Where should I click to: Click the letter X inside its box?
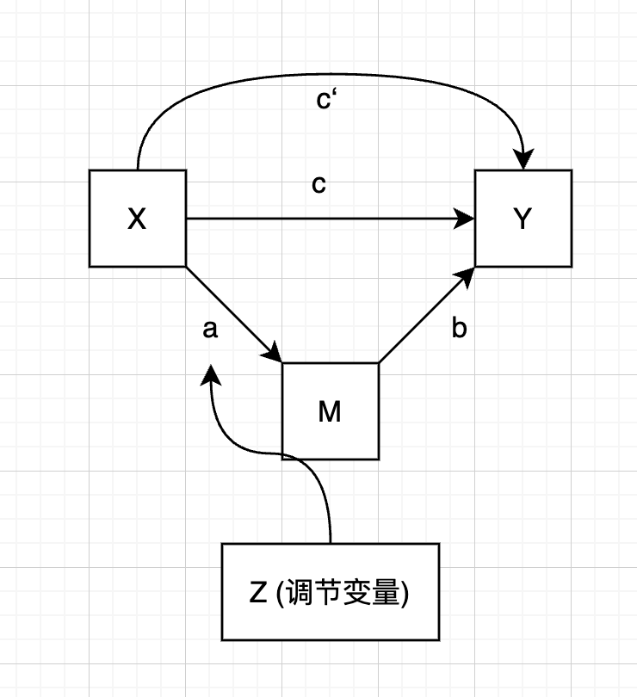pyautogui.click(x=137, y=220)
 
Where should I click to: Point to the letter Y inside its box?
pyautogui.click(x=523, y=220)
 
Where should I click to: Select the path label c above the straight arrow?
pyautogui.click(x=318, y=185)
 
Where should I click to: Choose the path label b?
pyautogui.click(x=459, y=329)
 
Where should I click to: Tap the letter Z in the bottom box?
pyautogui.click(x=257, y=594)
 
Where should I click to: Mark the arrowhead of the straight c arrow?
pyautogui.click(x=466, y=219)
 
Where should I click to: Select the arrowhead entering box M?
pyautogui.click(x=275, y=354)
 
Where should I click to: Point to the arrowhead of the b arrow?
pyautogui.click(x=467, y=275)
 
